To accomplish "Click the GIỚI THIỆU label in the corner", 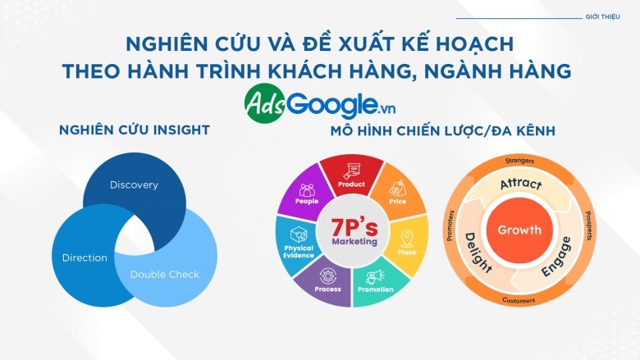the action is coord(602,16).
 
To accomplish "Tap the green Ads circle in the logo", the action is coord(265,103).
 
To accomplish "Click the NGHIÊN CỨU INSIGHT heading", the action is coord(135,130).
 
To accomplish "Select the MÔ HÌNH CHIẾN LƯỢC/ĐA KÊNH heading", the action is coord(443,131).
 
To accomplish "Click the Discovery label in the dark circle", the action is coord(134,185).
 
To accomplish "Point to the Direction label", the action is coord(85,257).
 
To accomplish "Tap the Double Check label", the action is coord(164,275).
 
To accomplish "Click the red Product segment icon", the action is coord(352,171).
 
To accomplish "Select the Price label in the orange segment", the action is coord(398,202).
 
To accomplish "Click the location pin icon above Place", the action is coord(407,239).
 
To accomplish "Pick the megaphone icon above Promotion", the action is coord(375,277).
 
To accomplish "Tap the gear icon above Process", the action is coord(327,276).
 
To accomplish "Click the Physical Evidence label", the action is coord(299,252).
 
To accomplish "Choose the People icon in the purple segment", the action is coord(307,190).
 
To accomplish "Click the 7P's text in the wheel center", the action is coord(354,227).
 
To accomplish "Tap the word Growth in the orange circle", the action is coord(519,230).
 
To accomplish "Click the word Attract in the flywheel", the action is coord(521,184).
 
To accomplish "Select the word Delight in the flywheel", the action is coord(478,253).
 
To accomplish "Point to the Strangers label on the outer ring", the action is coord(519,161).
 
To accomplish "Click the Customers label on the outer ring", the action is coord(519,300).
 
